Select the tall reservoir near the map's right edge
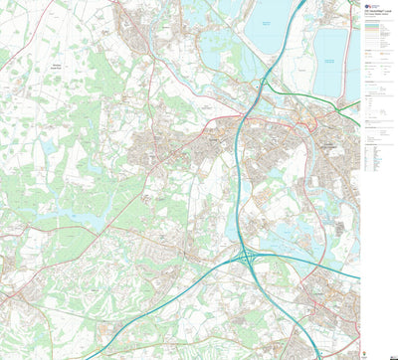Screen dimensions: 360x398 coord(331,60)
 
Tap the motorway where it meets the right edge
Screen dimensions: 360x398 coord(358,275)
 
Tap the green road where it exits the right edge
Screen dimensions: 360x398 coord(358,124)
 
